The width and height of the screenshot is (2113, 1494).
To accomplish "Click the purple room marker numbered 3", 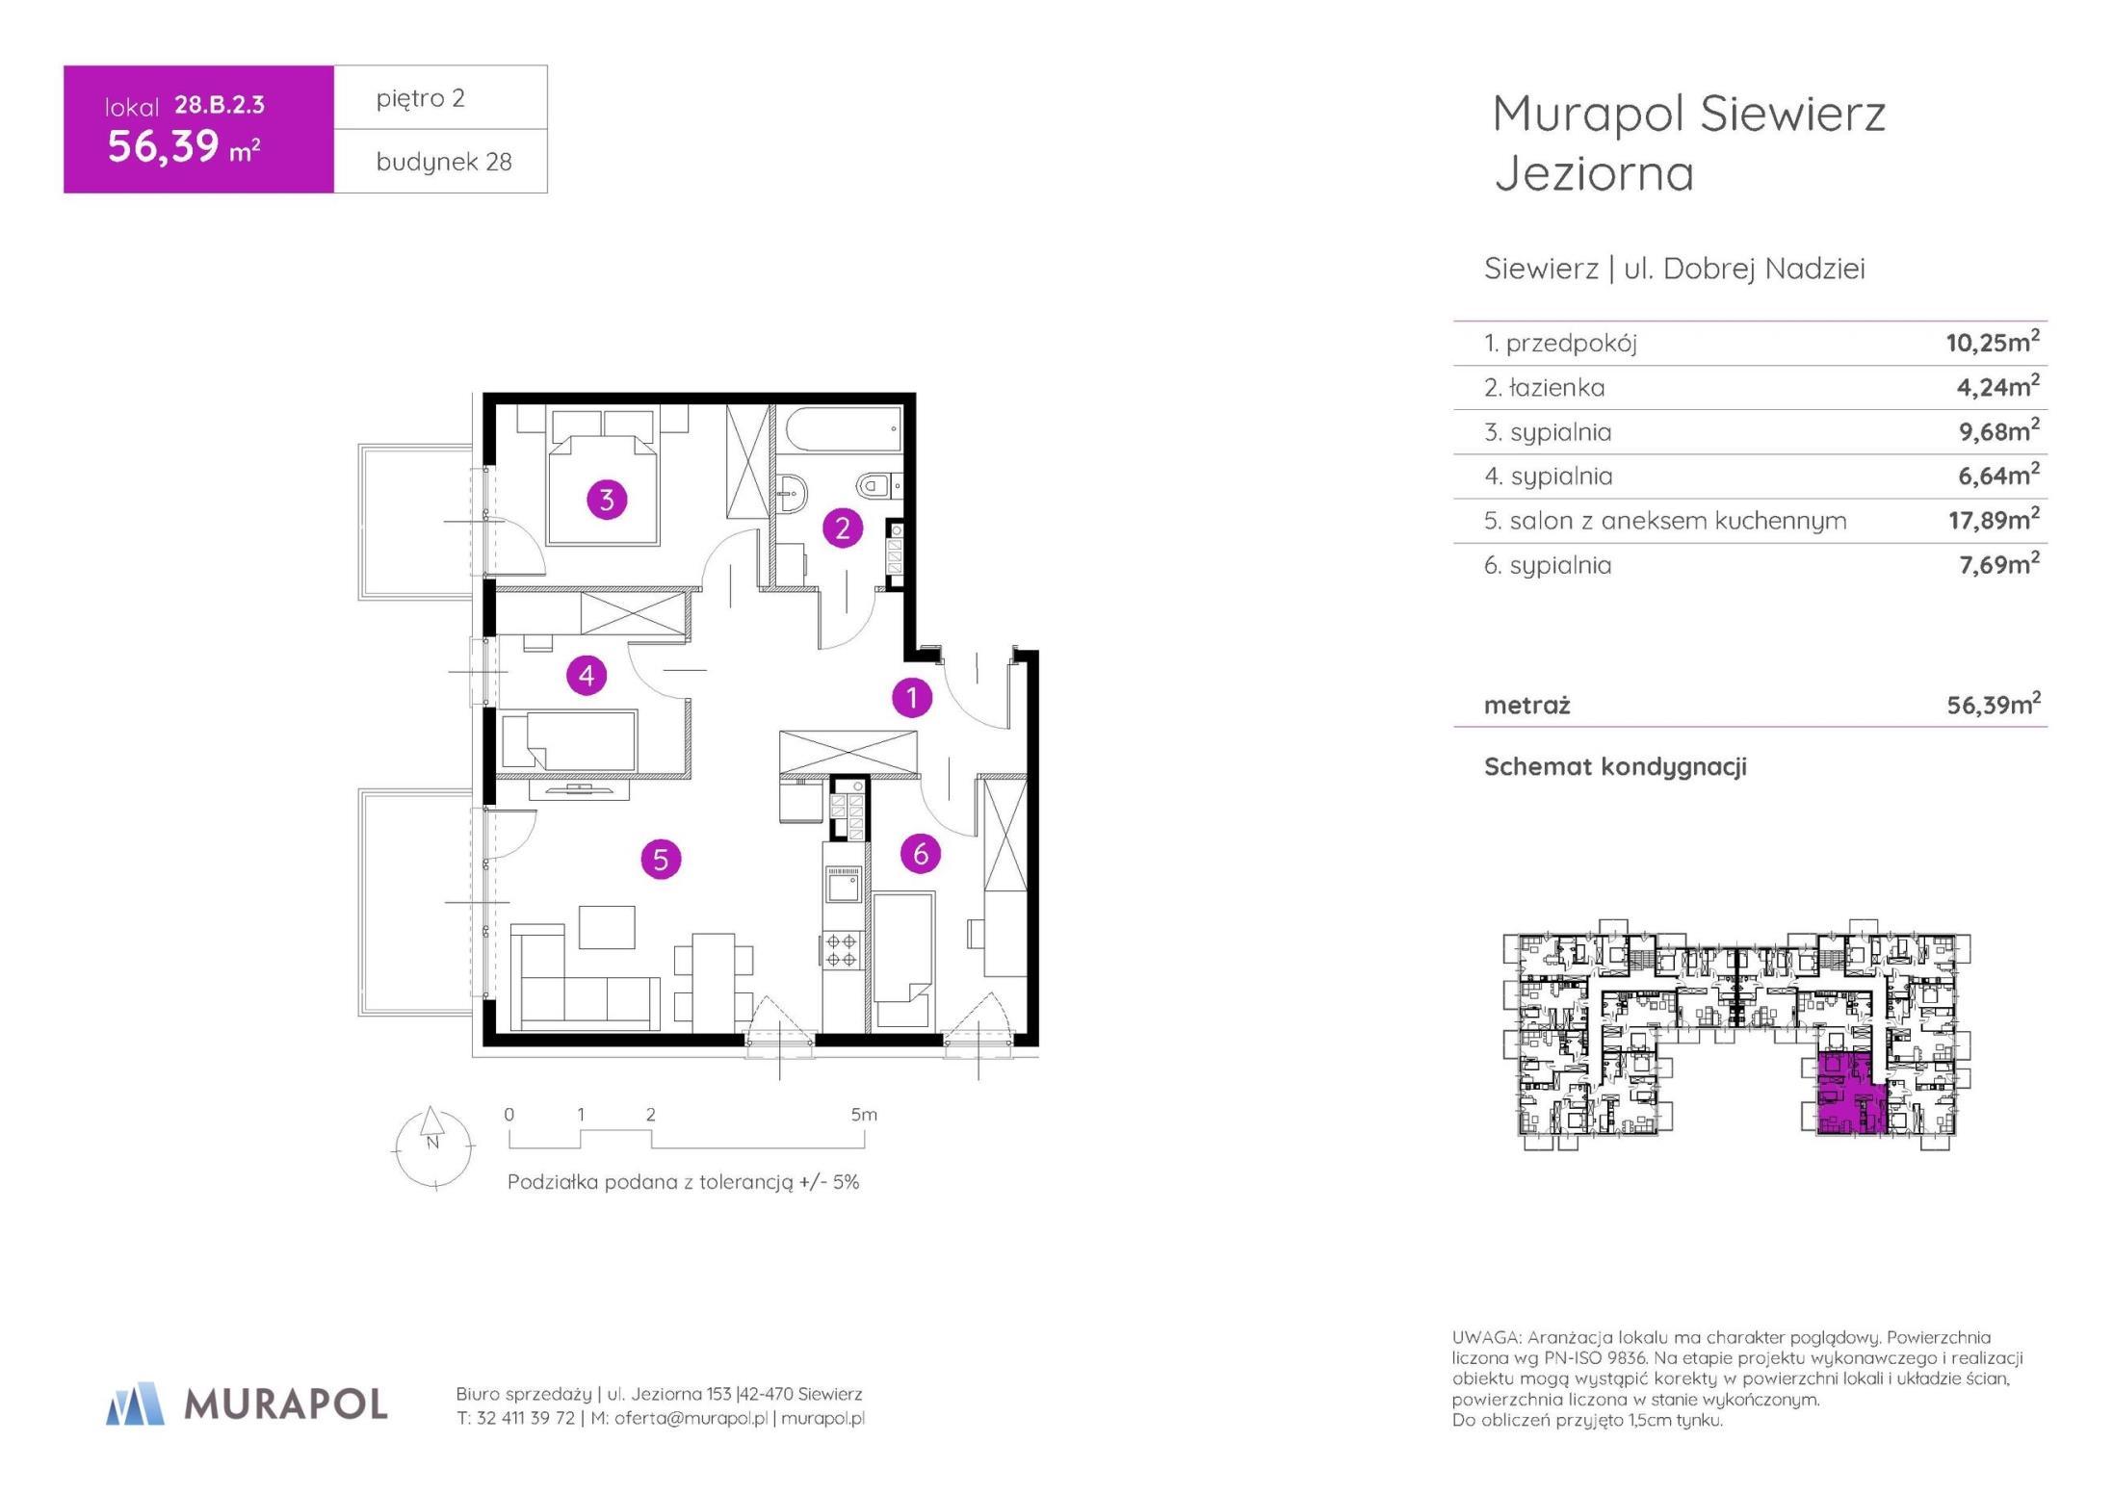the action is coord(607,500).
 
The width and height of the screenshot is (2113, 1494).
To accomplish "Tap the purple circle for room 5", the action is coord(661,859).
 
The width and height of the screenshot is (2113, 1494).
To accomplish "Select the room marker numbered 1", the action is coord(911,697).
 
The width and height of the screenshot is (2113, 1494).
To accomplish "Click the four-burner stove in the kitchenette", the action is coord(842,950).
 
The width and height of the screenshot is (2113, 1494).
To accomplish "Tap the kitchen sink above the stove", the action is coord(843,884).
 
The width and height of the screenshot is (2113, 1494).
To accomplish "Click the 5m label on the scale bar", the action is coord(864,1114).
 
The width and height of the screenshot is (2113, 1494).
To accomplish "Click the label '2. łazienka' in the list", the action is coord(1544,387).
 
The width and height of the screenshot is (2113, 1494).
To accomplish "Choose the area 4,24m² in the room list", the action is coord(1997,386).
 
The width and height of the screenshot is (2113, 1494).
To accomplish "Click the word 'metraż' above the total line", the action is coord(1526,706).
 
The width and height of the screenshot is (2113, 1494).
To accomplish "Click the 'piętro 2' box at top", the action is coord(440,97).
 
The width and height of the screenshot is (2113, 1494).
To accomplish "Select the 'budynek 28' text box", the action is coord(440,161).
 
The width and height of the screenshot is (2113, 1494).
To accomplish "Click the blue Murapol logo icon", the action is coord(135,1404).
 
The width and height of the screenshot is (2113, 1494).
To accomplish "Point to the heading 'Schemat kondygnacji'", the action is coord(1615,767).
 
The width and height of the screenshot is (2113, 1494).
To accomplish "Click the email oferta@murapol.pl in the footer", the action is coord(691,1418).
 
